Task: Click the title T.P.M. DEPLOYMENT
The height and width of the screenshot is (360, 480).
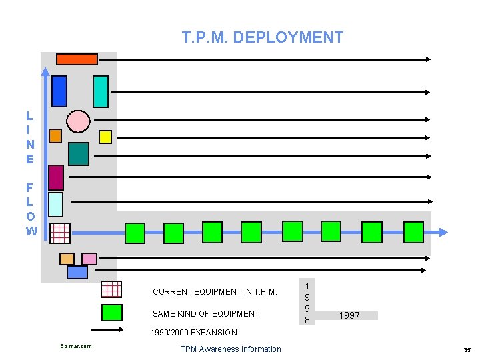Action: [x=263, y=37]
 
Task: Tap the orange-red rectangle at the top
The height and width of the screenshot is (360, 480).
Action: [x=77, y=59]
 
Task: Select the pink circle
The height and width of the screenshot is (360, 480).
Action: [x=78, y=121]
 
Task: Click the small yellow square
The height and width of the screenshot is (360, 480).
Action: [x=105, y=136]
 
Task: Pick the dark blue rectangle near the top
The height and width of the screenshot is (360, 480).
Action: [x=59, y=91]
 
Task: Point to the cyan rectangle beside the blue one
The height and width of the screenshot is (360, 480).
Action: [x=101, y=91]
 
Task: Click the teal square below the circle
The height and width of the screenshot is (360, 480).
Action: [x=79, y=154]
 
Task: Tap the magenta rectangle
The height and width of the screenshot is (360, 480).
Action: [x=57, y=177]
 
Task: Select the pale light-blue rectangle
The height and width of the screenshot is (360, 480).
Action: [x=56, y=205]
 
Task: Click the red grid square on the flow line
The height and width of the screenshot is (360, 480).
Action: [x=60, y=233]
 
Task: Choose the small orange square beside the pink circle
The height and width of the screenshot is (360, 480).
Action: [x=55, y=136]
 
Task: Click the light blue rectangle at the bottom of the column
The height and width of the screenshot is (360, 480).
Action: [x=77, y=272]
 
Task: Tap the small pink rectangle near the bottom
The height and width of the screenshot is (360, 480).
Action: [x=89, y=259]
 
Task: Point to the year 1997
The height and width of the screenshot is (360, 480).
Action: [x=349, y=315]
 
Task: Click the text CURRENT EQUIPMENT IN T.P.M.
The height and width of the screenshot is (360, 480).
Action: [x=214, y=292]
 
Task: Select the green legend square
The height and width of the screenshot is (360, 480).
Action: [x=111, y=313]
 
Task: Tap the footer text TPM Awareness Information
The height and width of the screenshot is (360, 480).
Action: [x=231, y=349]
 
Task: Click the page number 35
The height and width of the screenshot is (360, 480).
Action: [x=467, y=349]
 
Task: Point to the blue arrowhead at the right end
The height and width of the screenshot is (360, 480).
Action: [x=442, y=232]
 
